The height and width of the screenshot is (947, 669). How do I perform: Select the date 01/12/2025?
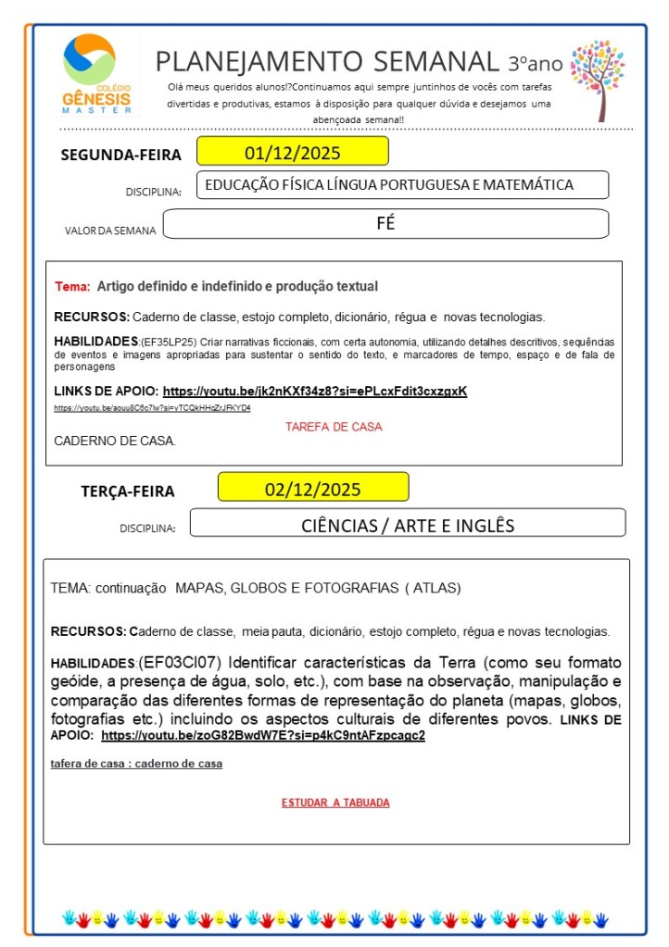tap(291, 152)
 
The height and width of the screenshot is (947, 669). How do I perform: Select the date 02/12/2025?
tap(312, 488)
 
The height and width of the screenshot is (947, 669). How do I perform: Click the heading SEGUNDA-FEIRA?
tap(120, 155)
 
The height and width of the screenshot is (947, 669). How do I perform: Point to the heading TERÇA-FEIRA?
tap(127, 492)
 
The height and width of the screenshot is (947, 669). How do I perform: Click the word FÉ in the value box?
tap(385, 223)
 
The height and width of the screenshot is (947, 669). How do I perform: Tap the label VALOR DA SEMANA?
tap(110, 231)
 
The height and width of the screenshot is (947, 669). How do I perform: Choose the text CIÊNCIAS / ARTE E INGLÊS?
tap(407, 525)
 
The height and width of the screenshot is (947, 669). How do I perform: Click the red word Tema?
tap(72, 287)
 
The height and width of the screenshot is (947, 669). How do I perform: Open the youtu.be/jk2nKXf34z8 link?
tap(315, 392)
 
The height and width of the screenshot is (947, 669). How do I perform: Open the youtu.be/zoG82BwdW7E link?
tap(263, 736)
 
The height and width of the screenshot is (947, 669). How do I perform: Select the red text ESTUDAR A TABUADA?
tap(335, 803)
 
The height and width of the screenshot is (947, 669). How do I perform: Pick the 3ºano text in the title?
tap(535, 64)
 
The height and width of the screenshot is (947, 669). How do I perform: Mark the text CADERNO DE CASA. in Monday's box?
tap(115, 440)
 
